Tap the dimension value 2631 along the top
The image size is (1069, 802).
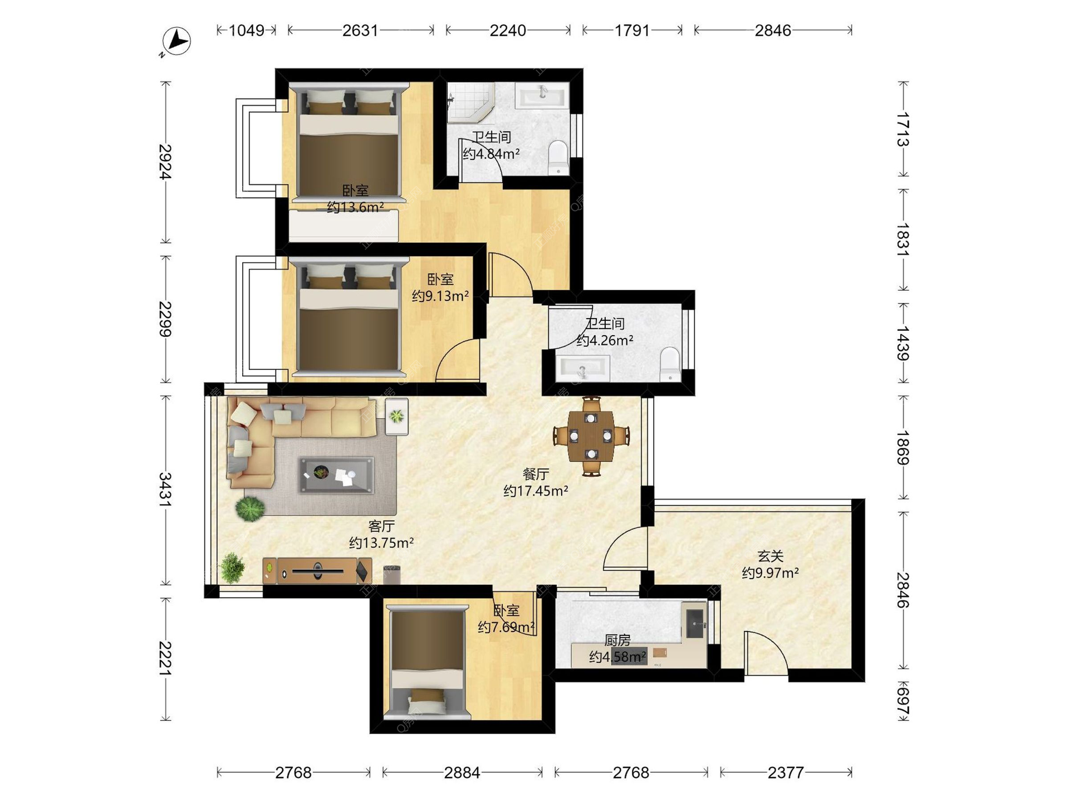tap(360, 30)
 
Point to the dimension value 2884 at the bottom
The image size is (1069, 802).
tap(462, 772)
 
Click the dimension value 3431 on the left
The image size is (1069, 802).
tap(165, 490)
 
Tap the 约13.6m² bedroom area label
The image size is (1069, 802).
tap(355, 208)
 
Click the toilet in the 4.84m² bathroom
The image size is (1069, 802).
tap(558, 157)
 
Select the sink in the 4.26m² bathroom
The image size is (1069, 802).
tap(582, 368)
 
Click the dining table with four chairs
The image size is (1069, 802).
tap(591, 436)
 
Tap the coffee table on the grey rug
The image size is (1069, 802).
tap(336, 475)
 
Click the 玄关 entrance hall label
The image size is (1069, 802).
tap(771, 556)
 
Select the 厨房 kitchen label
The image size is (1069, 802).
tap(617, 640)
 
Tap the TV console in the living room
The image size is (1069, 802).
tap(317, 570)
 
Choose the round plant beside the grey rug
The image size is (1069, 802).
tap(250, 508)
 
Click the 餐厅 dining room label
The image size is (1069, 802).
tap(536, 474)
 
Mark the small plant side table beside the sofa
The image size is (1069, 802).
tap(396, 416)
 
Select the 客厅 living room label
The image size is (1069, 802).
tap(381, 526)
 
